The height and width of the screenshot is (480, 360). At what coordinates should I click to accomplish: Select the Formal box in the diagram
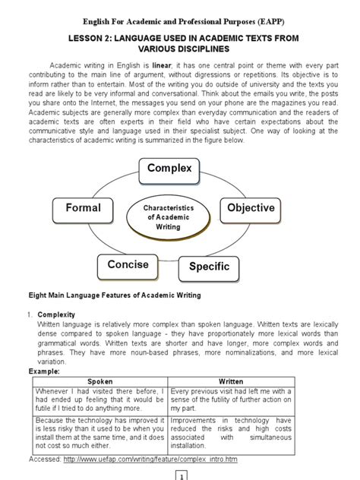click(83, 207)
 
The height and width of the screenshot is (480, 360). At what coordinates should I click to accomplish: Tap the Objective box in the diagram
click(251, 207)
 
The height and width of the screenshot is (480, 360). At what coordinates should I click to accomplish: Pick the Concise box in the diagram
click(128, 264)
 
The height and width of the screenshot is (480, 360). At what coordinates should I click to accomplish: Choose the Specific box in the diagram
click(210, 267)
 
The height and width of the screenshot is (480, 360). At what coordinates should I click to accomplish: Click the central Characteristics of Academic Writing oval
click(169, 216)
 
